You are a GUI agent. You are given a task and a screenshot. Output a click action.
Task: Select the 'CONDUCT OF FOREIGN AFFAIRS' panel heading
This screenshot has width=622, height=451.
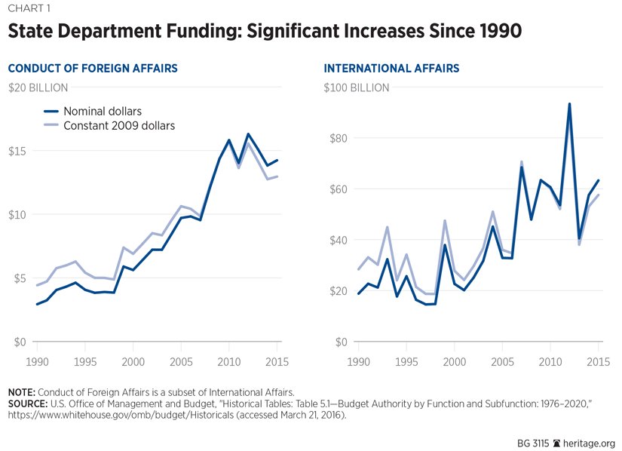coord(93,69)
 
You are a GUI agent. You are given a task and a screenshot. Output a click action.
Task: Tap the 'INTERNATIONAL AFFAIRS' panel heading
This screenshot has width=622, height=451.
coord(391,69)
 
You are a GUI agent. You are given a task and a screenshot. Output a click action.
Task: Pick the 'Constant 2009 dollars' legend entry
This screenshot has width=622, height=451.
coord(119,126)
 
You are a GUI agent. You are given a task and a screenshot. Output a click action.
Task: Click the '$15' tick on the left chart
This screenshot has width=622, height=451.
coord(17,151)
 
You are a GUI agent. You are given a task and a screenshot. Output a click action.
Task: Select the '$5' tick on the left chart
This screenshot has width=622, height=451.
coord(20,278)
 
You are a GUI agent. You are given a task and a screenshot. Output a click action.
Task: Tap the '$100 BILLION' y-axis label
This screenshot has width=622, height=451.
coord(357,87)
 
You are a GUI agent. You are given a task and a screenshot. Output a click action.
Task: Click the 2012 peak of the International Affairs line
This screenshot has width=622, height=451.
coord(569,104)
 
